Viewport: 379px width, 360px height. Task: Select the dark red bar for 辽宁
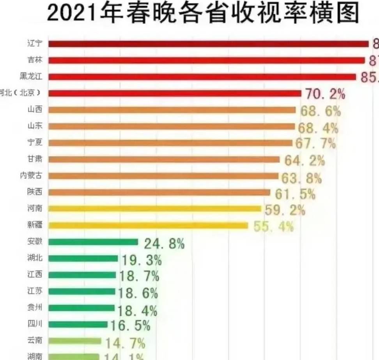(x=208, y=44)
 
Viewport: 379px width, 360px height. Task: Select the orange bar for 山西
(x=172, y=110)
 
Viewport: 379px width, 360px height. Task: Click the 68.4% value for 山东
(x=318, y=127)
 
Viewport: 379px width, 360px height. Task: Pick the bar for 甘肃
(x=164, y=159)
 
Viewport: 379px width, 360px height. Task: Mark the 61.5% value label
(x=295, y=194)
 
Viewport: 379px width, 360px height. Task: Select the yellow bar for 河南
(x=154, y=209)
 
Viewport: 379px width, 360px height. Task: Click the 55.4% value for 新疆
(x=274, y=226)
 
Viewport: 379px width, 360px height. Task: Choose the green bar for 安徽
(x=93, y=242)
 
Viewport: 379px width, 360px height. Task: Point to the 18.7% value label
(x=139, y=276)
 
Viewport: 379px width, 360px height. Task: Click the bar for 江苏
(x=82, y=291)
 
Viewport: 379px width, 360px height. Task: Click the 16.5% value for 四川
(x=130, y=325)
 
